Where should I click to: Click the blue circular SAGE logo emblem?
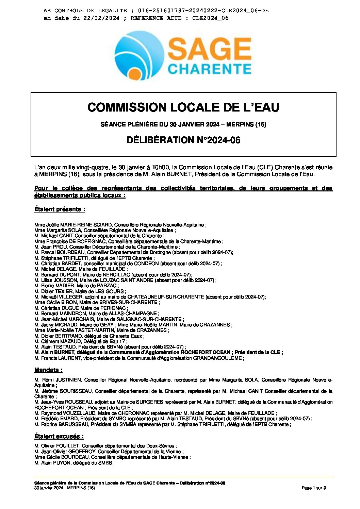140,55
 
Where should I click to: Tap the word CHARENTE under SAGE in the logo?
209,69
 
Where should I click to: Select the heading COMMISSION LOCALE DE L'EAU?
183,107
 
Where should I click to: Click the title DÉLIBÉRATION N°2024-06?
183,140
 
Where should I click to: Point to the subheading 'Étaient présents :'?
60,209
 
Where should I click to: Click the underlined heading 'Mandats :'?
48,370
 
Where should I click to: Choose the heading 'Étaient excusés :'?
59,436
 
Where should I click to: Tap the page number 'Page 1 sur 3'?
314,488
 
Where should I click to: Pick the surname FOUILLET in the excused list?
69,446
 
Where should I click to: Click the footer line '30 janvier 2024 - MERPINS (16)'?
65,488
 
